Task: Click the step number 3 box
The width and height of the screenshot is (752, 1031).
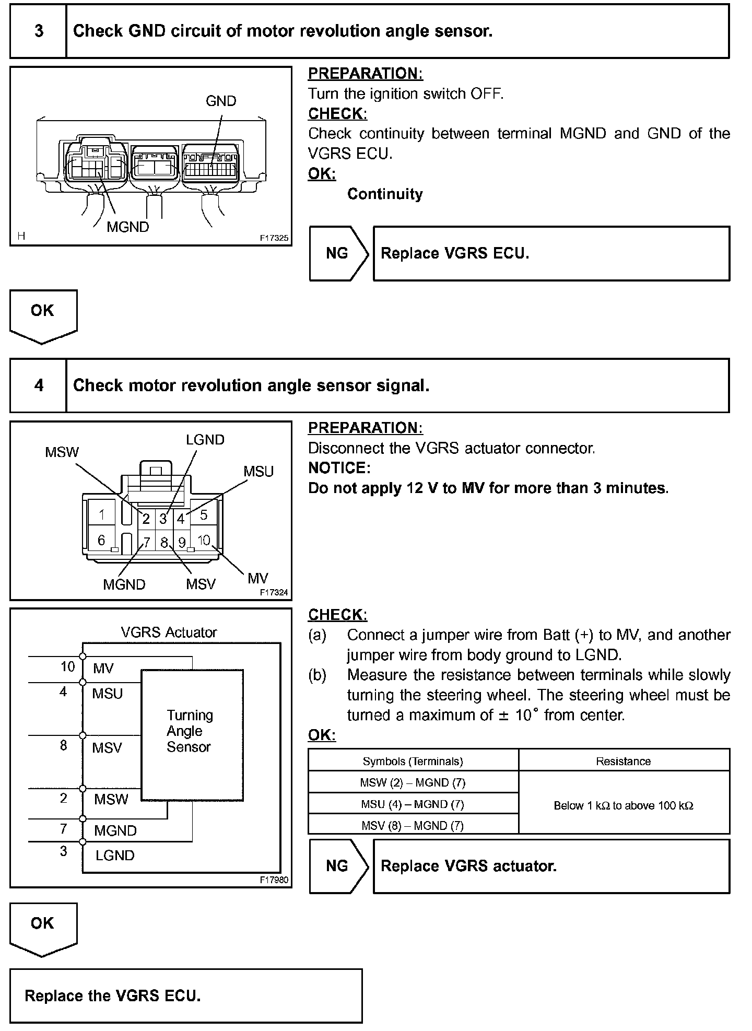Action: coord(39,31)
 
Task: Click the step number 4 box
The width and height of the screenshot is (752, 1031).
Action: coord(39,385)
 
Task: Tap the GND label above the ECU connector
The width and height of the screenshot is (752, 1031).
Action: coord(221,101)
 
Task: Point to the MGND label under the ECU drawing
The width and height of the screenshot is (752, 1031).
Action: coord(128,227)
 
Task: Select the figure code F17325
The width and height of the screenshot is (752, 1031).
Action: coord(274,238)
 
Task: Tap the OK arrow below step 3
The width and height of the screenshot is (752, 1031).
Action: coord(43,315)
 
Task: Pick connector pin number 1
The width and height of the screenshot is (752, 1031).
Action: coord(102,515)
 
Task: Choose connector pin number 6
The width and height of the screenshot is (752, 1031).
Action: coord(102,540)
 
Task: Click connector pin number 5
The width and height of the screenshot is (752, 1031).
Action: coord(204,515)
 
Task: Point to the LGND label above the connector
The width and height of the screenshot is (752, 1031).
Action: coord(205,440)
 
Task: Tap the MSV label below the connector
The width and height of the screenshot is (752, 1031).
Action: coord(201,584)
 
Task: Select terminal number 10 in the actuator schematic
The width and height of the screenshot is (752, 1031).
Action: coord(68,666)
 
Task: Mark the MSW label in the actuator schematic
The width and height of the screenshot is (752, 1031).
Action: coord(111,799)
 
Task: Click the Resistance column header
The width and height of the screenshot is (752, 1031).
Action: coord(624,761)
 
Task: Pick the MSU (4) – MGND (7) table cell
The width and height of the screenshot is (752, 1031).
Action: coord(413,804)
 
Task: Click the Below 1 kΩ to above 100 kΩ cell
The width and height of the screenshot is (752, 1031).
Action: coord(624,805)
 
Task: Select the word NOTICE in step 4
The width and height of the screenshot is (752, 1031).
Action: coord(339,468)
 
